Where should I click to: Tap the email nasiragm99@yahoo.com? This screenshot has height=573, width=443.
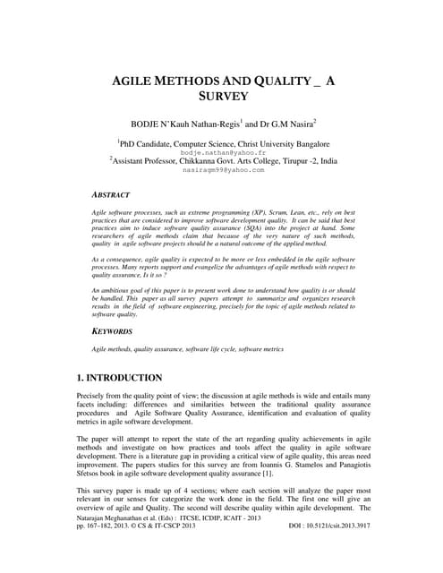pos(222,169)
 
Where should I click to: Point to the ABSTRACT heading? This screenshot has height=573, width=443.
pos(111,193)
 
